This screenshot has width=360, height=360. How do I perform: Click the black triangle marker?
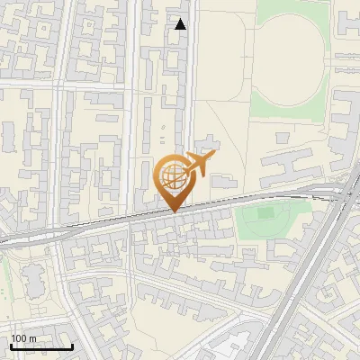pos(181,24)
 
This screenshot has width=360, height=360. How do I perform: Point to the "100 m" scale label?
pos(23,338)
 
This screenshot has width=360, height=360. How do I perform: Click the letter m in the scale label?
pos(32,338)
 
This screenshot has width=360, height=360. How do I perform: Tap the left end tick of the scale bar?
pos(10,346)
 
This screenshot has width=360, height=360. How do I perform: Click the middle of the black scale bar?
pos(41,346)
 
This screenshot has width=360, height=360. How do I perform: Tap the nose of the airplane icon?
pos(215,157)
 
